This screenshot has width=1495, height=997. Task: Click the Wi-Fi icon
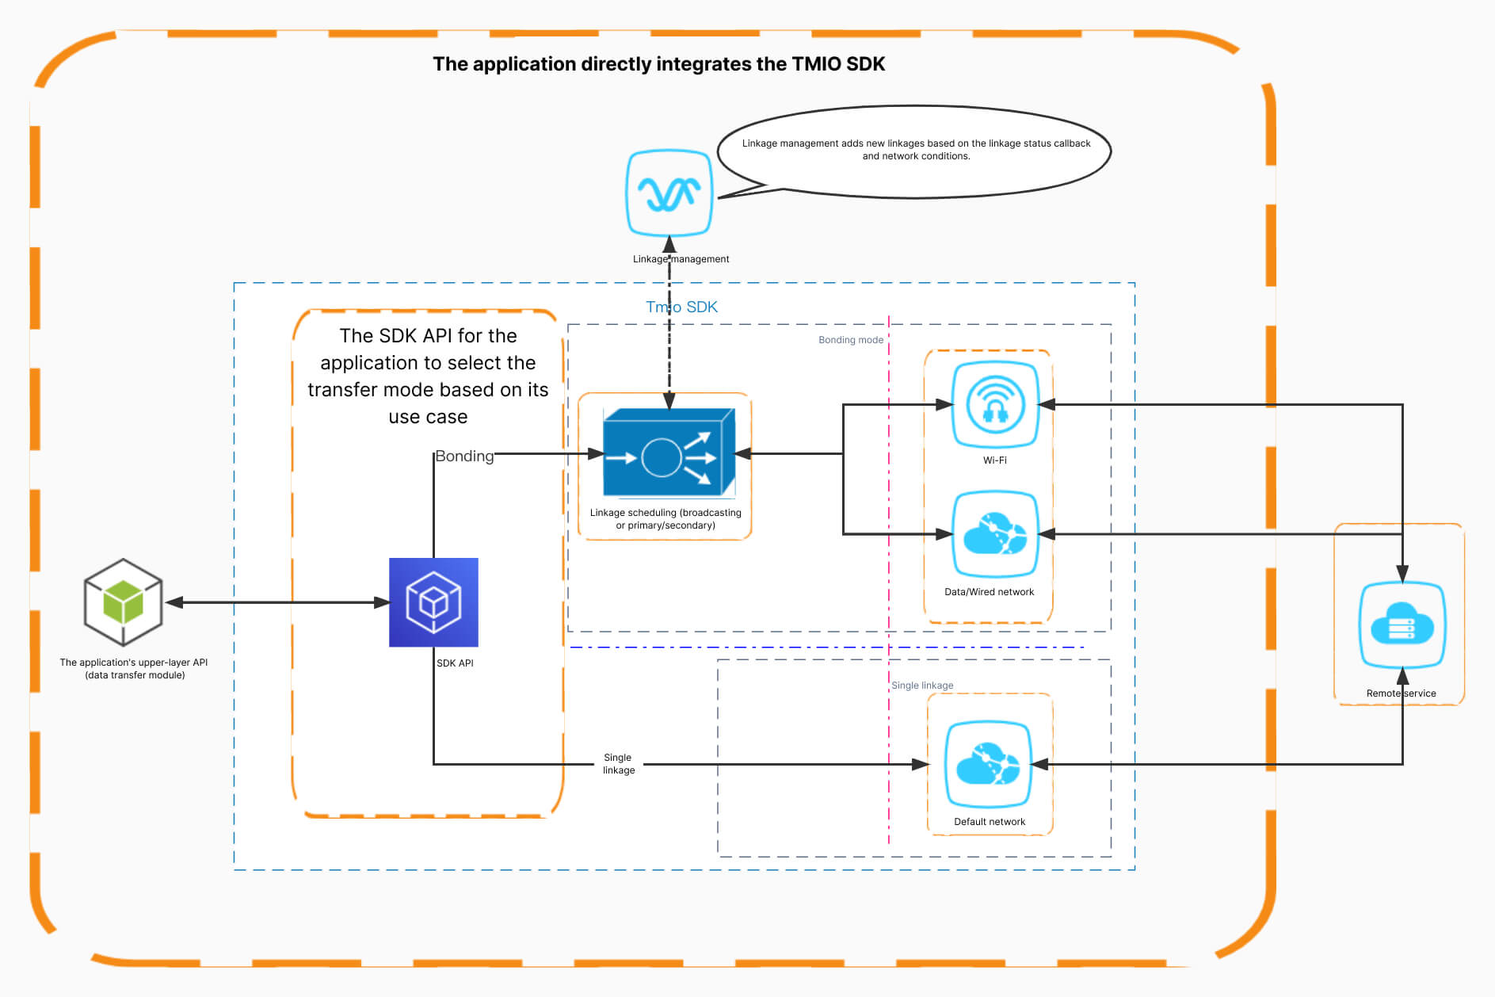[994, 405]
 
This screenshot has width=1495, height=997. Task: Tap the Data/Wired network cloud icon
[994, 534]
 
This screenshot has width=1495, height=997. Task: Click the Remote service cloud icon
[1402, 626]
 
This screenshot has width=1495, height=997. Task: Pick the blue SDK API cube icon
[433, 602]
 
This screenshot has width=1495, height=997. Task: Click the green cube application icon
[123, 602]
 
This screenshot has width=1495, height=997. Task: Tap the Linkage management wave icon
[669, 193]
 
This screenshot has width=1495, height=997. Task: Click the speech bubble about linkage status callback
[915, 151]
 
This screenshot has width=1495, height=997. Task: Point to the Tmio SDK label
[681, 308]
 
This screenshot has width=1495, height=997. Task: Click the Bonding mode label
[850, 340]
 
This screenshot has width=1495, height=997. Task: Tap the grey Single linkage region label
[922, 686]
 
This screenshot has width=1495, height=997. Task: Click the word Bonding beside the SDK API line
[464, 456]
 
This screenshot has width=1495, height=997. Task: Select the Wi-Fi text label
[994, 460]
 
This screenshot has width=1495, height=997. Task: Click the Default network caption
[989, 822]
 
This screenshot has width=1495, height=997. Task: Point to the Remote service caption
[1401, 693]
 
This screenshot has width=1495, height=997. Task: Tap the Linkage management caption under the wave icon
[681, 259]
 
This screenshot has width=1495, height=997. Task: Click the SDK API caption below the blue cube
[455, 663]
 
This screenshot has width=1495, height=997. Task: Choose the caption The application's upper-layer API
[134, 663]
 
